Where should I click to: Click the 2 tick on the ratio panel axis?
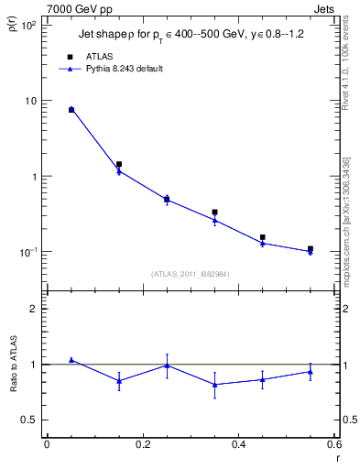33,309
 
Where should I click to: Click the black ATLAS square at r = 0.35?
214,213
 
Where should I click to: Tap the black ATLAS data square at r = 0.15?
119,165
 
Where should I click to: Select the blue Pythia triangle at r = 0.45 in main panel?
262,243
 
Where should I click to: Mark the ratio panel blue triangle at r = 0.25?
167,365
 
